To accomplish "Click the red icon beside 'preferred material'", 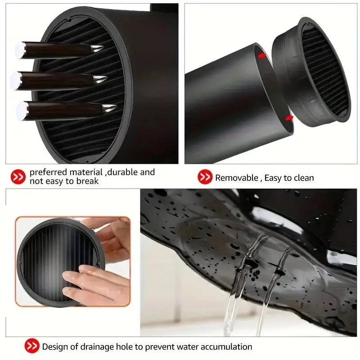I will point(18,177).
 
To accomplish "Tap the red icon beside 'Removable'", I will point(205,177).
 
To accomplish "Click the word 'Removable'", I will point(237,178).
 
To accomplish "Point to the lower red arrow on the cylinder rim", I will point(289,118).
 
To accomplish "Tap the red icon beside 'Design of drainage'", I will point(31,346).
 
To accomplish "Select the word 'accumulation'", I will point(225,346).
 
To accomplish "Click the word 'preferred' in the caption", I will point(49,172).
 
